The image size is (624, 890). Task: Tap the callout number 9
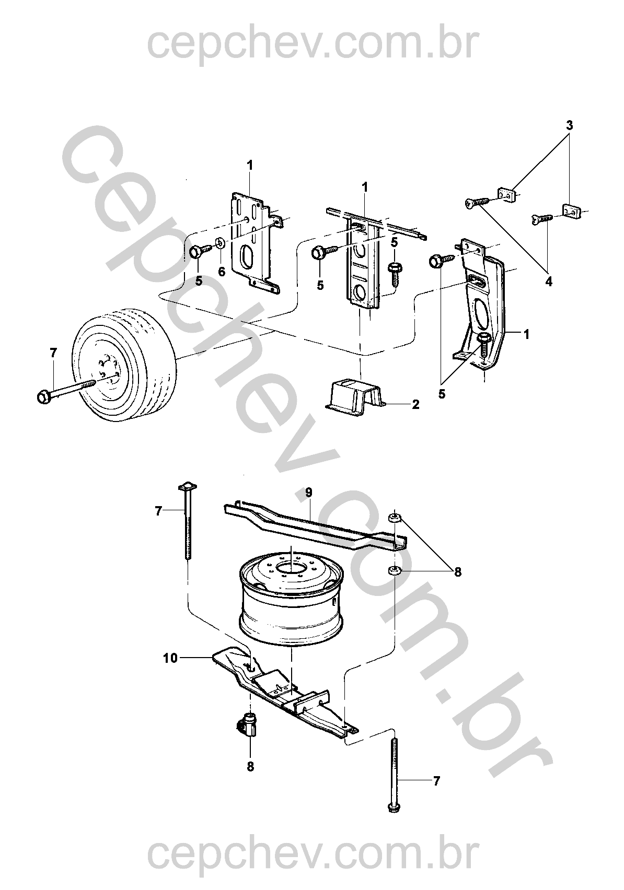click(309, 493)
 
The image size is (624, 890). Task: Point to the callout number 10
click(170, 659)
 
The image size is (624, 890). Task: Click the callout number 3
click(570, 126)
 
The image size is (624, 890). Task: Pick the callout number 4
click(549, 282)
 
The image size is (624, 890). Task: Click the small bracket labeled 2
click(355, 397)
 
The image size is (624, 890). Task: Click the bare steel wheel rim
click(290, 595)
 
